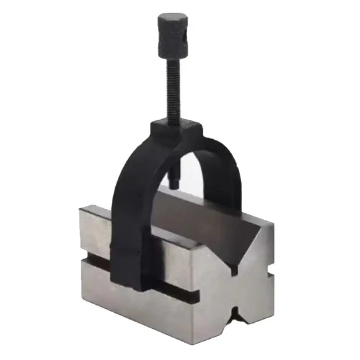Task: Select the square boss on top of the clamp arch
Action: click(177, 128)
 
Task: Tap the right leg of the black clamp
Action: click(234, 180)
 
